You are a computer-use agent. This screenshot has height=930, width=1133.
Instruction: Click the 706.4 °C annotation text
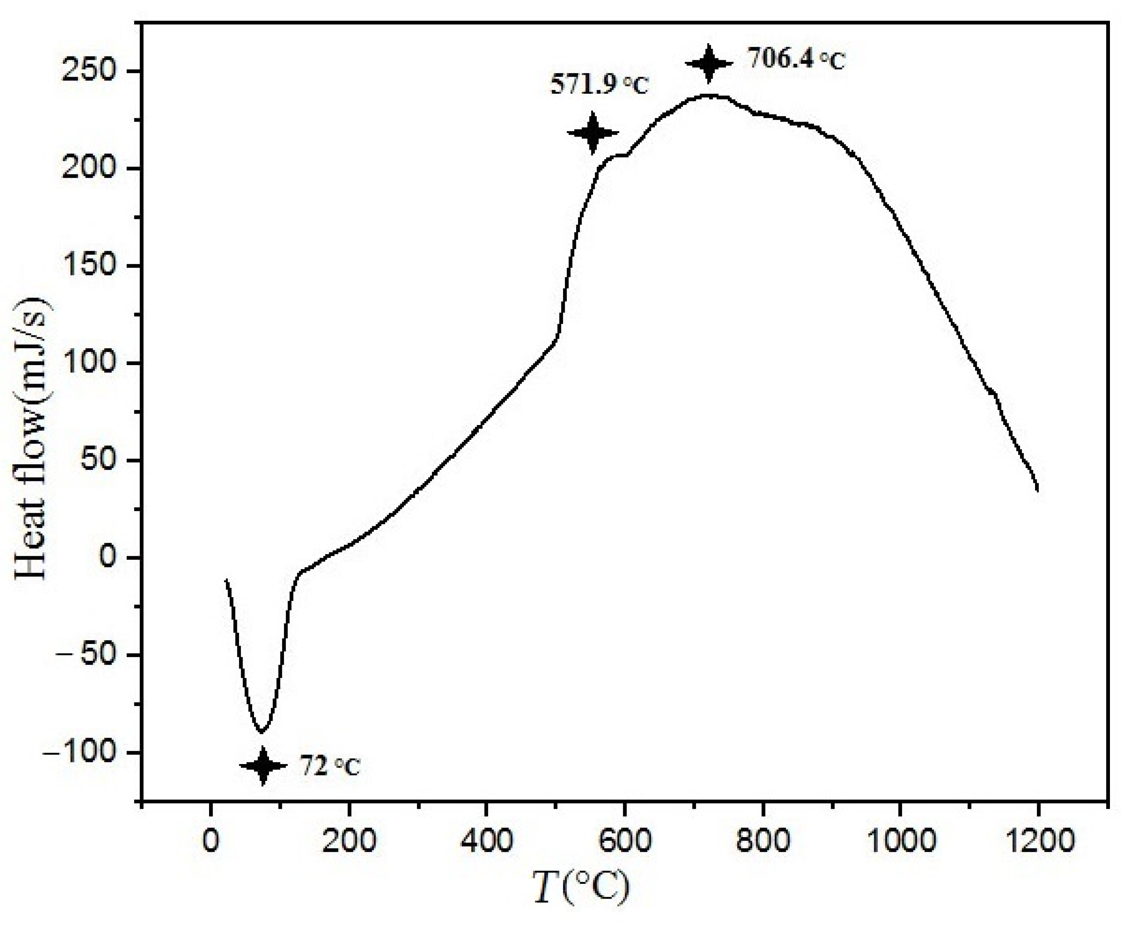(x=797, y=60)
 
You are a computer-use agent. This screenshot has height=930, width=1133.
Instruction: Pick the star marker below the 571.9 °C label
(x=593, y=133)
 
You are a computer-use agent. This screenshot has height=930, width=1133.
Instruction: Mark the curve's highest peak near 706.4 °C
(x=709, y=95)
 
